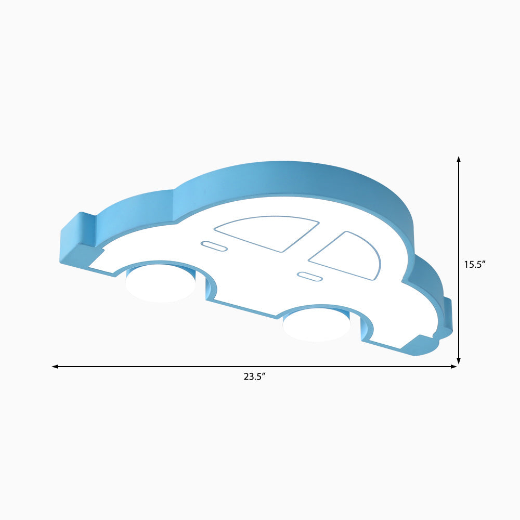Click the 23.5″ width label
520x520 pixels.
click(255, 376)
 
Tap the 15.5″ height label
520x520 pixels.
click(475, 264)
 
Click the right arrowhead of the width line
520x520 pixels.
click(453, 367)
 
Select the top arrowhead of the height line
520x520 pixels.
click(459, 159)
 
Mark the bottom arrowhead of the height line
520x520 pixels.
click(459, 361)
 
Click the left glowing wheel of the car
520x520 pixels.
click(161, 283)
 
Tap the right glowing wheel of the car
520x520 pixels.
click(316, 325)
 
